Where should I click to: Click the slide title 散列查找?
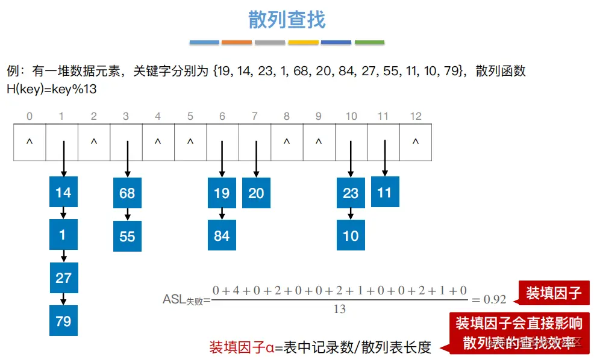[287, 20]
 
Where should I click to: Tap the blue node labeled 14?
[63, 193]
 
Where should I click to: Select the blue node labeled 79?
[63, 321]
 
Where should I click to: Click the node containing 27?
[63, 278]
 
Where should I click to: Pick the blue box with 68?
[127, 193]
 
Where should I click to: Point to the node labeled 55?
[127, 236]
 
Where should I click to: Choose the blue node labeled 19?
[222, 193]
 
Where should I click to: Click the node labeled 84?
[222, 236]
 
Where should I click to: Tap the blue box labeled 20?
[256, 193]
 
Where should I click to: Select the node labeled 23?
[351, 193]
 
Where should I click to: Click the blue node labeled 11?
[385, 192]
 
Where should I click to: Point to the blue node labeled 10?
[351, 236]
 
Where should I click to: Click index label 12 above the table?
[415, 116]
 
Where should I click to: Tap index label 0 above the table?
[30, 116]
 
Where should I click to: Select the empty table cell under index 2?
[94, 143]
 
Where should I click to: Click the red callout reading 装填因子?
[553, 293]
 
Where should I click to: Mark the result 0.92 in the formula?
[493, 299]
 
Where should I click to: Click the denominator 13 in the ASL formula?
[340, 309]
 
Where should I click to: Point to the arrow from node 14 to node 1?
[63, 214]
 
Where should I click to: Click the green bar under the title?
[369, 43]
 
